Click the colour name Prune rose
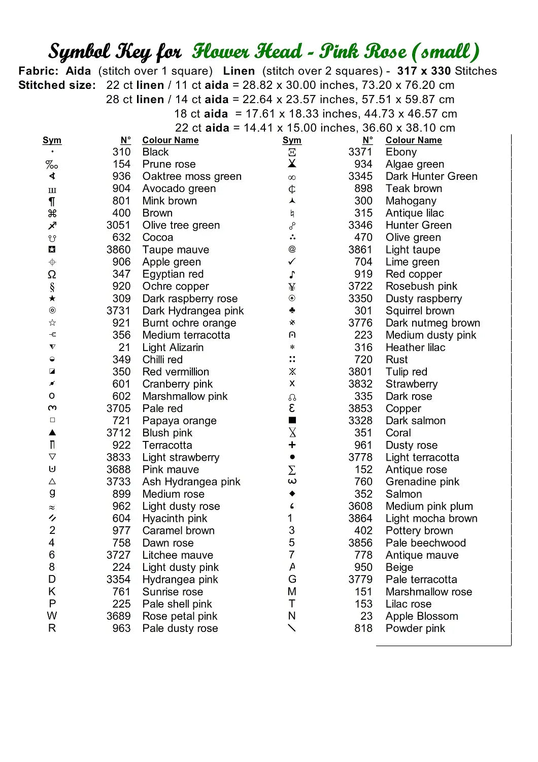click(169, 164)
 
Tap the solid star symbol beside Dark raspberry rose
click(52, 298)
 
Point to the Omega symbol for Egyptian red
click(52, 274)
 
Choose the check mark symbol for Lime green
click(292, 262)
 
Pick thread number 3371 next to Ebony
click(360, 152)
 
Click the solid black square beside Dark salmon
click(292, 420)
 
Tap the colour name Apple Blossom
click(421, 616)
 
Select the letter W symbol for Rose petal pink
click(52, 616)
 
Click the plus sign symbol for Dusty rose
click(292, 444)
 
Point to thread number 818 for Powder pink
click(363, 628)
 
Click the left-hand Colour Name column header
click(170, 140)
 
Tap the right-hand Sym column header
click(292, 140)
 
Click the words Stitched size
click(56, 85)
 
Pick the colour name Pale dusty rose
click(180, 628)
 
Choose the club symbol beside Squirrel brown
click(292, 310)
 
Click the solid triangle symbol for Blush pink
click(52, 432)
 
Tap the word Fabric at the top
click(37, 71)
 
